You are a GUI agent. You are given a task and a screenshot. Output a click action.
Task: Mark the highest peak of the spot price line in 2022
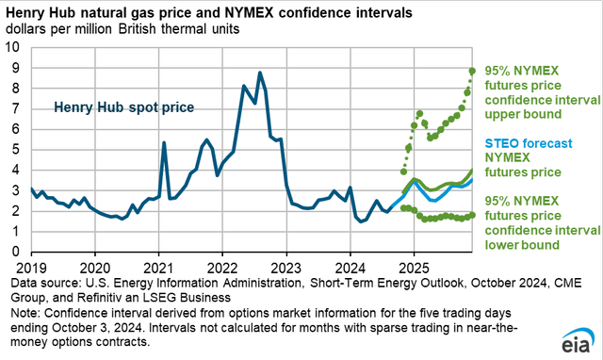260,73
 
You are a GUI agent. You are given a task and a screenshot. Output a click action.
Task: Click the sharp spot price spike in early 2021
164,143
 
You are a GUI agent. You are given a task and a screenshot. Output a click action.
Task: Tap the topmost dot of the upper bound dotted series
472,70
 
